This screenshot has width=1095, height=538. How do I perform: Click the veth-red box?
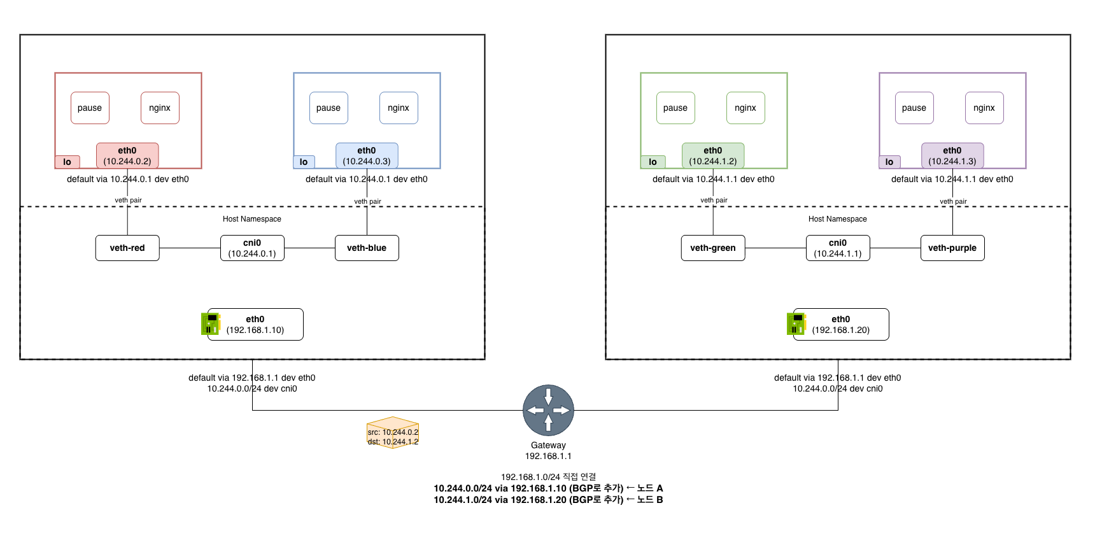point(127,248)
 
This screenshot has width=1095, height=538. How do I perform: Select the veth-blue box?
point(367,248)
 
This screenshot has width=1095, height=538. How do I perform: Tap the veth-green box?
point(713,248)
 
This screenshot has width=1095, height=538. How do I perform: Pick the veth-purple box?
point(952,248)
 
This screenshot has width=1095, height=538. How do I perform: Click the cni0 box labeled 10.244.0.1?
point(252,248)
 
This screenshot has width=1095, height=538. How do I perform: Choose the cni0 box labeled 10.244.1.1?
point(838,248)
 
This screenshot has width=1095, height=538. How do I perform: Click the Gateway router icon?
point(548,410)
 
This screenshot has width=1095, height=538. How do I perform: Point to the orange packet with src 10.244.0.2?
point(393,433)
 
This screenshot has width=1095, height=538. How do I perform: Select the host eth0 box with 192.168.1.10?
point(255,324)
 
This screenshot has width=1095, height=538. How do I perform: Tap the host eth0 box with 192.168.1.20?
point(841,324)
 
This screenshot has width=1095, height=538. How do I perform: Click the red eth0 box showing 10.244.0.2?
point(127,155)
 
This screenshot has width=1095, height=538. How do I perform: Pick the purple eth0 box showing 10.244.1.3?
point(952,155)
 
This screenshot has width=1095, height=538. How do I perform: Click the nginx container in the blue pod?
point(399,108)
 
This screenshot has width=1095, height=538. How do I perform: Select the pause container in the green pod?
point(675,108)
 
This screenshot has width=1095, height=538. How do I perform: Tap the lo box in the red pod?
point(67,162)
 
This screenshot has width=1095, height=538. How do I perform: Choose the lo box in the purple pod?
point(889,162)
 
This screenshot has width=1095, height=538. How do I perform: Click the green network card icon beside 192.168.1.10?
point(209,323)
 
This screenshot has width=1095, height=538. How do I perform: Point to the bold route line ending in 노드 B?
point(548,500)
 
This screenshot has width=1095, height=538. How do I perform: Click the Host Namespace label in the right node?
point(838,219)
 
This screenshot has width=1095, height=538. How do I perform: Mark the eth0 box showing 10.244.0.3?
point(367,155)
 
